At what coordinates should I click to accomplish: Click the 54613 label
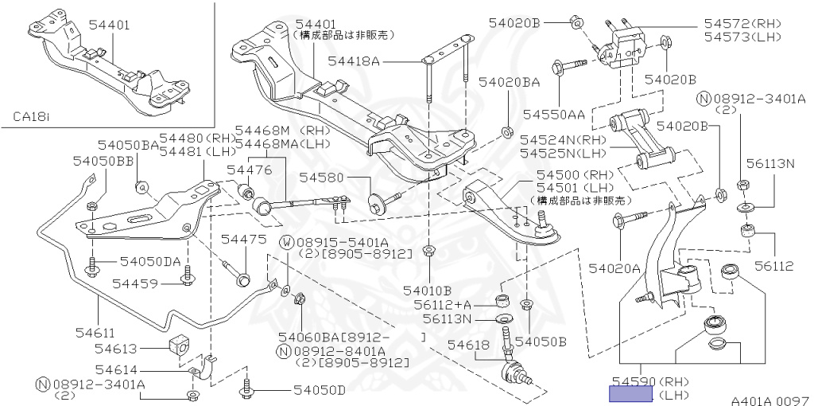pyautogui.click(x=117, y=348)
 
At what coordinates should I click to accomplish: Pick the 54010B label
pyautogui.click(x=427, y=290)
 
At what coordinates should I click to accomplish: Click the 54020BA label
pyautogui.click(x=510, y=81)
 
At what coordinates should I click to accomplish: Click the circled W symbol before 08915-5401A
pyautogui.click(x=285, y=242)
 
